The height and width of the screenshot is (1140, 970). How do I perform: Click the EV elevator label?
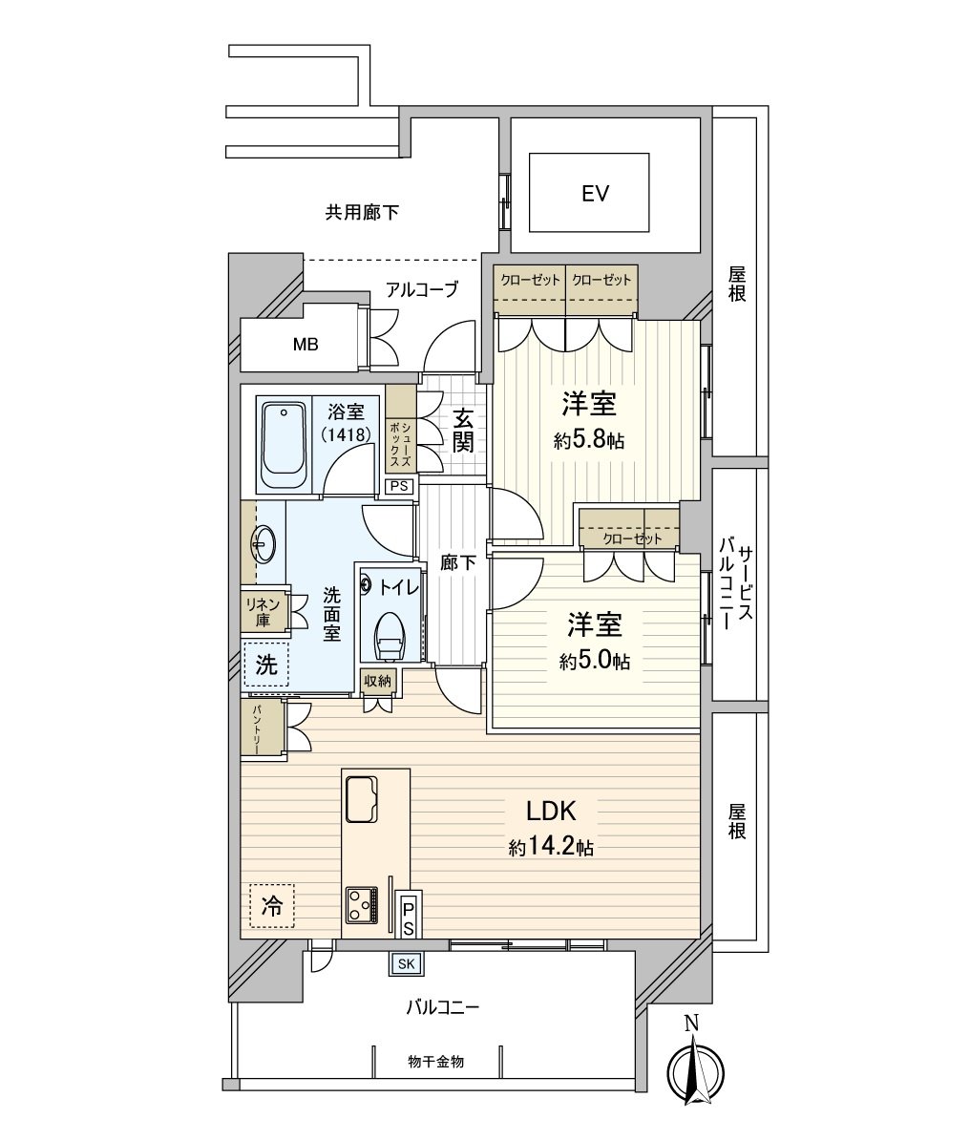point(595,194)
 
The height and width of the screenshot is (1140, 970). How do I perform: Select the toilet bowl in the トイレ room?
point(390,636)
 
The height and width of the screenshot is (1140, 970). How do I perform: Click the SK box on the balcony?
point(406,964)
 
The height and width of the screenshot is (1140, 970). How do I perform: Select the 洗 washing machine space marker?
point(266,665)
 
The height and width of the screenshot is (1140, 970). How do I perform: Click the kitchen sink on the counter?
point(361,798)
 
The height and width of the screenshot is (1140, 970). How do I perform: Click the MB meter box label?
point(306,345)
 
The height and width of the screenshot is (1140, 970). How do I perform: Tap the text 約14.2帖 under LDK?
point(551,847)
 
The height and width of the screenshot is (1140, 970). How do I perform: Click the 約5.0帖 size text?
point(595,661)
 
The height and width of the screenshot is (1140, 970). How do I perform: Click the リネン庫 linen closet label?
point(263,612)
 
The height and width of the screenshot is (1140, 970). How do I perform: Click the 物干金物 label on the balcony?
point(435,1061)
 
